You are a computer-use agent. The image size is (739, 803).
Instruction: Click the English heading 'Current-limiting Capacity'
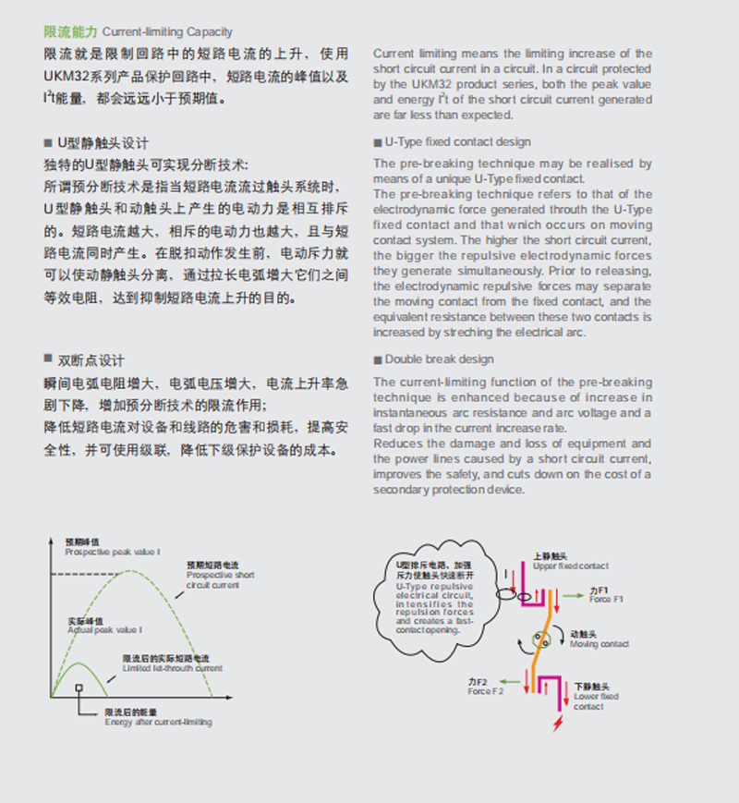click(x=167, y=32)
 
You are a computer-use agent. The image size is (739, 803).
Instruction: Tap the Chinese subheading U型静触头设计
click(x=103, y=143)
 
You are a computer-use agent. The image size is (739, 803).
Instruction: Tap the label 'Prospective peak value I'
click(x=112, y=552)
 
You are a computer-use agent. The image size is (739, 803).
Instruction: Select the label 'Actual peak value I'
click(x=104, y=629)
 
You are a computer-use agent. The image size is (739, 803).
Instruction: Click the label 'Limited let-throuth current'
click(x=172, y=668)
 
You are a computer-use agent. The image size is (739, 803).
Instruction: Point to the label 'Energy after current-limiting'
click(x=157, y=722)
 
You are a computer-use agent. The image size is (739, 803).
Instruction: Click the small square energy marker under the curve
click(x=80, y=687)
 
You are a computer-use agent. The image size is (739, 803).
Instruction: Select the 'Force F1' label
click(x=606, y=600)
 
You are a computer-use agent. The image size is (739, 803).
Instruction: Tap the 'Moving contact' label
click(x=600, y=644)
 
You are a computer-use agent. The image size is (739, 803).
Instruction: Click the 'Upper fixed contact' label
click(x=570, y=566)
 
